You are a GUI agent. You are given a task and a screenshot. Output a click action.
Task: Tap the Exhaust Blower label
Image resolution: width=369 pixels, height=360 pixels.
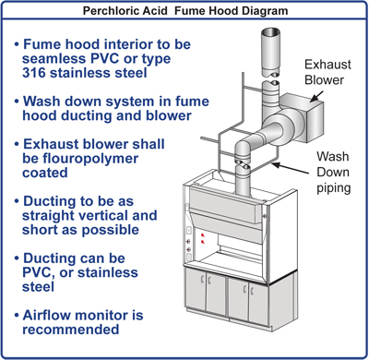click(x=327, y=74)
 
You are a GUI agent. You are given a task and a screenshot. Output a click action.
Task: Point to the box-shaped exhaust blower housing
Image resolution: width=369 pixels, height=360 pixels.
click(x=299, y=114)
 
